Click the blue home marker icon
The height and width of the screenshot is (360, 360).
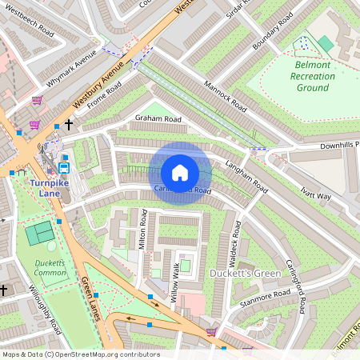180,173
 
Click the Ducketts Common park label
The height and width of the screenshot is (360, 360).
50,268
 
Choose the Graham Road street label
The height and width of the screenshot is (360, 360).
158,119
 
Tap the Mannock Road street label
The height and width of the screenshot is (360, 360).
225,94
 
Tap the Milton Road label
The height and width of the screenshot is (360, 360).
144,232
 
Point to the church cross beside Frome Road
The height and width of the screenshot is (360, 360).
70,125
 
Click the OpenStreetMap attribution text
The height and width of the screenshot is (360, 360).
80,354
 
